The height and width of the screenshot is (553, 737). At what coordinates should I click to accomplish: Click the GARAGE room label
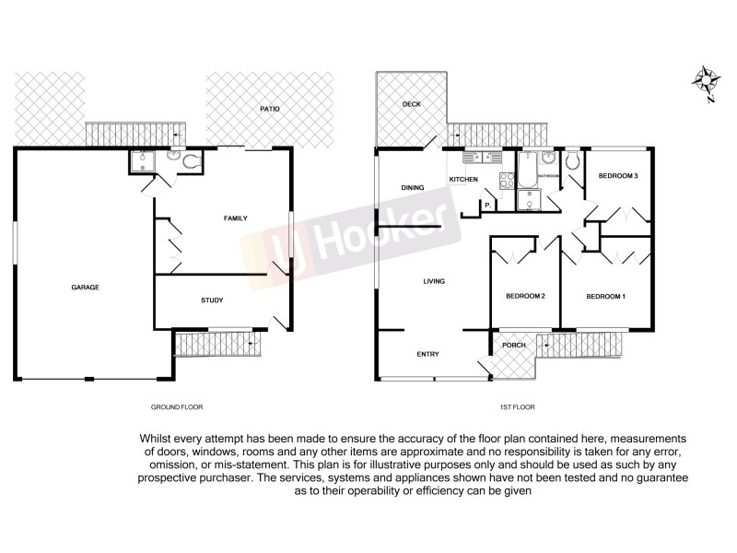(85, 288)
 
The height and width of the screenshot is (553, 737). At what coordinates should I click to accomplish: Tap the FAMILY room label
(237, 218)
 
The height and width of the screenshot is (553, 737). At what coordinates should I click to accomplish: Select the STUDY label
(212, 300)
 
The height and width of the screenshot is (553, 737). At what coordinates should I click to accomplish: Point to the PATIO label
(269, 110)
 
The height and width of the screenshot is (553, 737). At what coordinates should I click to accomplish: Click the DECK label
(411, 104)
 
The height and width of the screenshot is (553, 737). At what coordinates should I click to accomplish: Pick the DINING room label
(412, 188)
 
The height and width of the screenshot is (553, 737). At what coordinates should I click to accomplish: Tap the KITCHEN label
(462, 179)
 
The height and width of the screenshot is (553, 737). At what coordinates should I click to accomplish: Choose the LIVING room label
(434, 281)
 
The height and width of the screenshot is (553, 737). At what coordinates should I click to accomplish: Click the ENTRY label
(427, 354)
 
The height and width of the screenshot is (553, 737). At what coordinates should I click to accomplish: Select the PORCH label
(513, 346)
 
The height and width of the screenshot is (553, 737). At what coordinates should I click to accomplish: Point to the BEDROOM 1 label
(606, 296)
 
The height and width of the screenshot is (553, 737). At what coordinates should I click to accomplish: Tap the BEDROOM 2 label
(526, 296)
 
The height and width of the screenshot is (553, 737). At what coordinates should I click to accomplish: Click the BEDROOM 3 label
(618, 175)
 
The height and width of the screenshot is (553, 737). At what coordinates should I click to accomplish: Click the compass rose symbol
(706, 81)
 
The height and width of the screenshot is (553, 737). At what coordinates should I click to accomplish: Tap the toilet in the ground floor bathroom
(191, 162)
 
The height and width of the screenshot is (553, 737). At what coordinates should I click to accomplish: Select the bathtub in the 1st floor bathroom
(528, 170)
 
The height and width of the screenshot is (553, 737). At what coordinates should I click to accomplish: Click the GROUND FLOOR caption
(176, 406)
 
